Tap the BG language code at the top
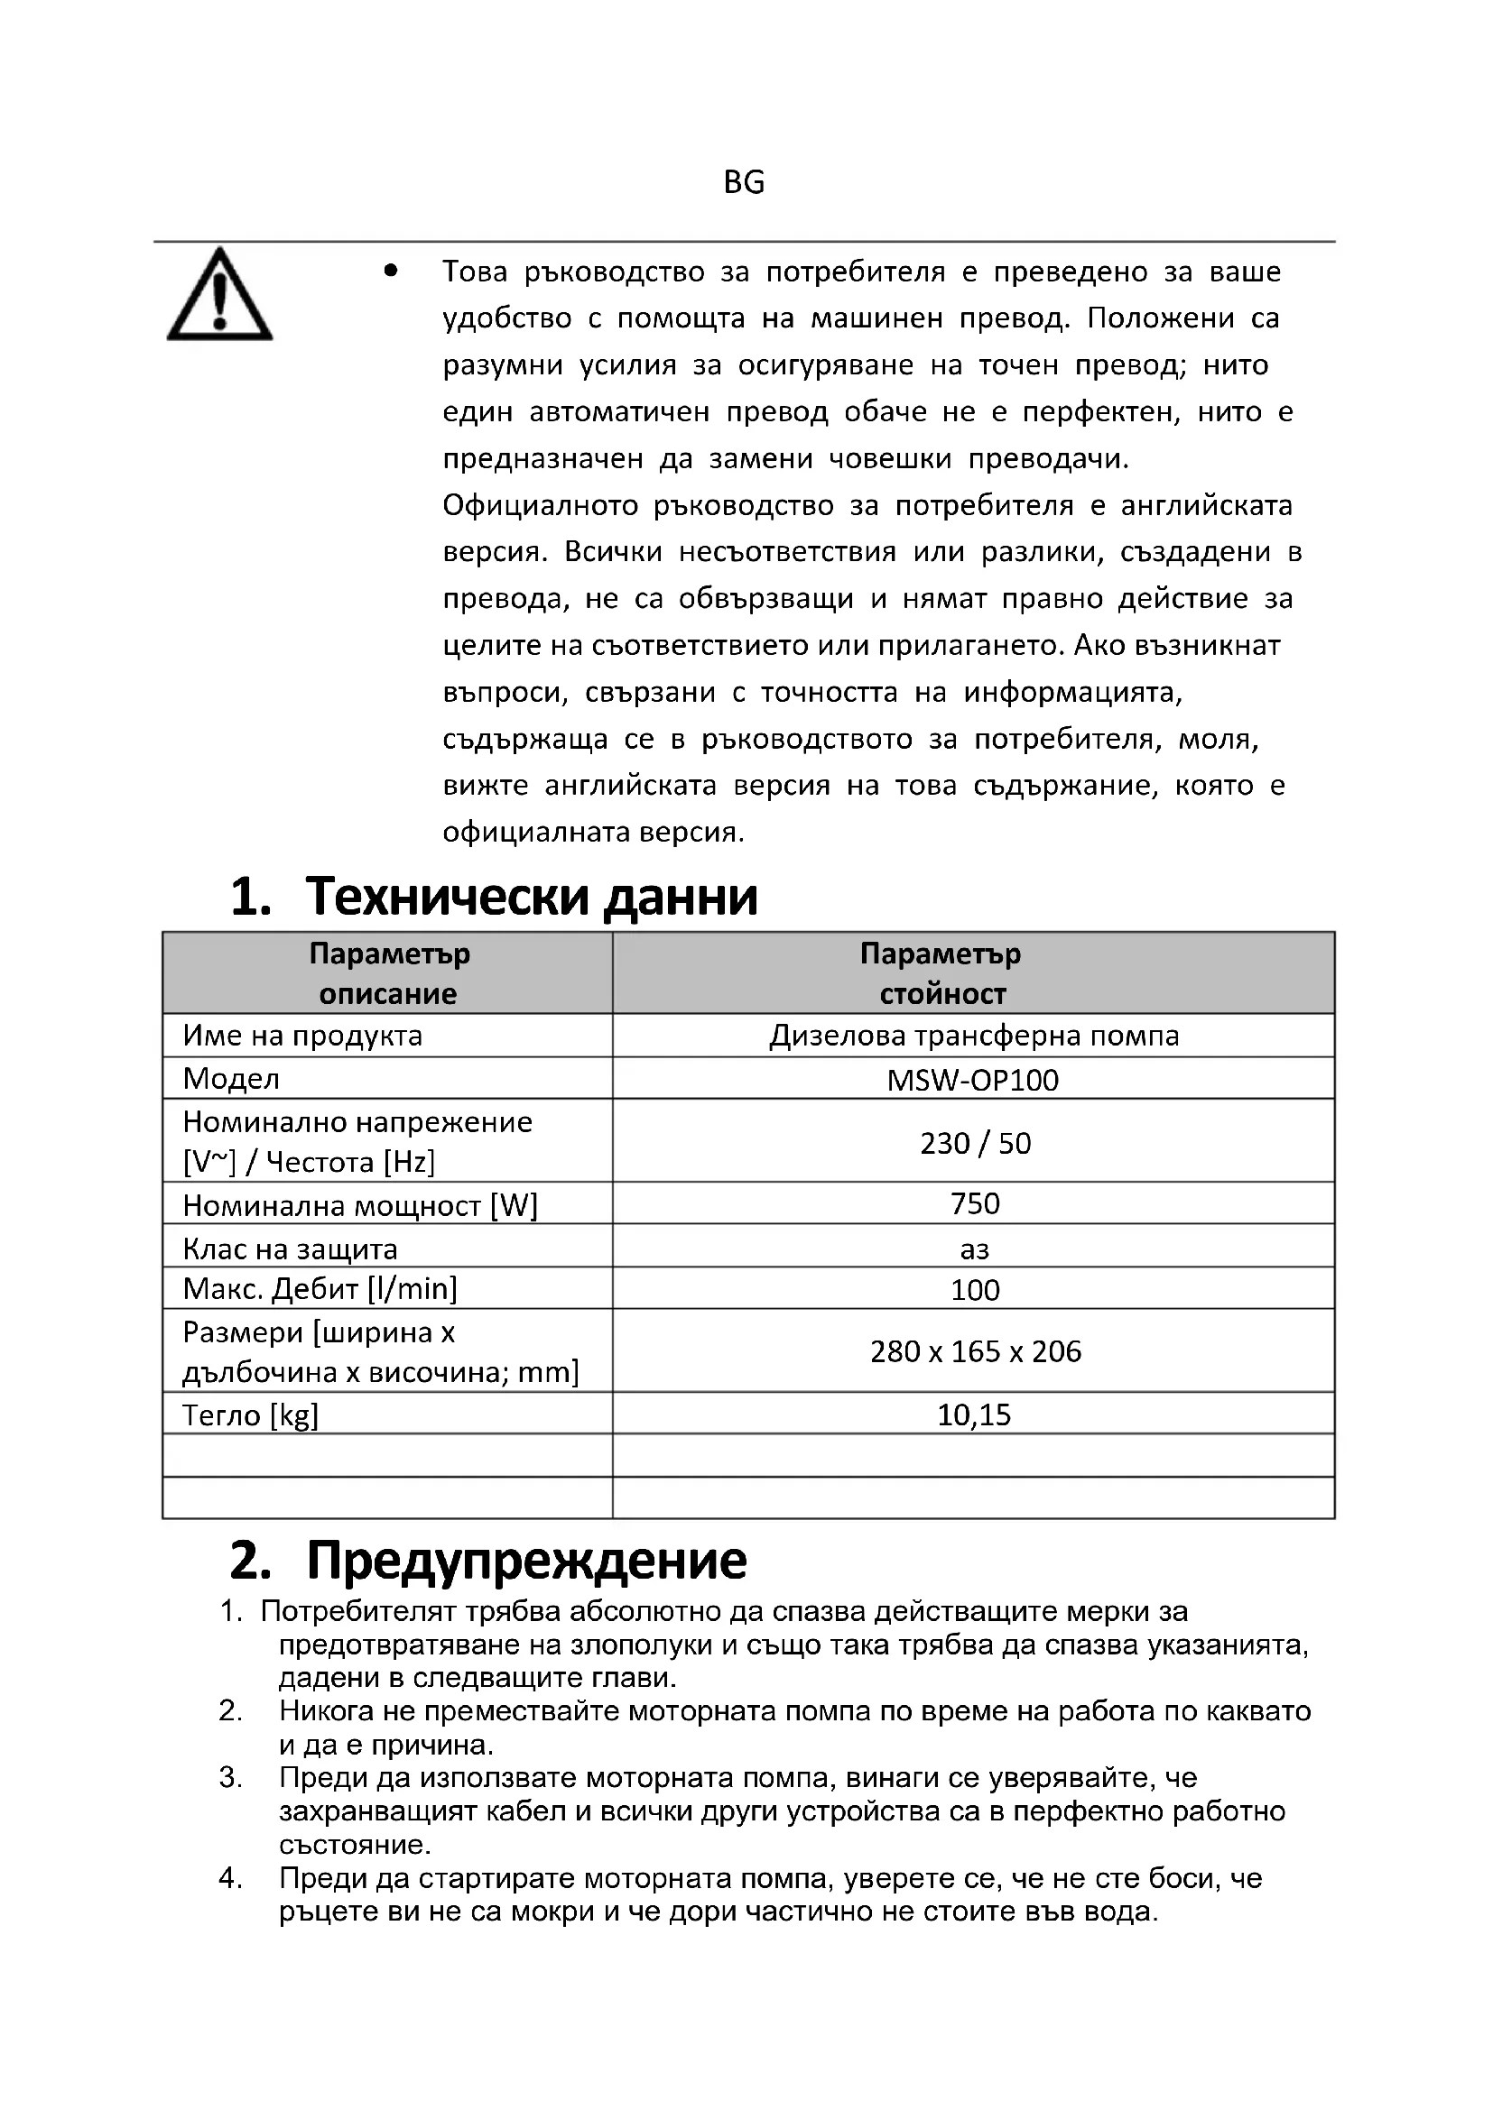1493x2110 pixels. (744, 183)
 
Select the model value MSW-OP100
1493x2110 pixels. (973, 1080)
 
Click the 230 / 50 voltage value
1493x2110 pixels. (975, 1143)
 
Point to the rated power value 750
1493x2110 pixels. (975, 1204)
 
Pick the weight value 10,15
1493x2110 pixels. (974, 1414)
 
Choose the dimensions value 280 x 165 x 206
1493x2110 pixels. (975, 1351)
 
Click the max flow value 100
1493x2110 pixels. (975, 1290)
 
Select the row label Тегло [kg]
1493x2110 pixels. (250, 1415)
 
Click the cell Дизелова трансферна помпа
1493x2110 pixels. (974, 1036)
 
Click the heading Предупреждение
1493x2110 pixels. (526, 1561)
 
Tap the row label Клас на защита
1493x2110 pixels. (290, 1248)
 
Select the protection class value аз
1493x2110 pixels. (975, 1248)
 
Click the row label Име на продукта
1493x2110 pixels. (302, 1036)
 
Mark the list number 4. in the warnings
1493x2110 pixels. (231, 1878)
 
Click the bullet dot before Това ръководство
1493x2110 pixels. (392, 272)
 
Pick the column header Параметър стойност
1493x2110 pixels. (941, 973)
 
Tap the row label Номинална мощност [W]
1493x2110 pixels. (359, 1205)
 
